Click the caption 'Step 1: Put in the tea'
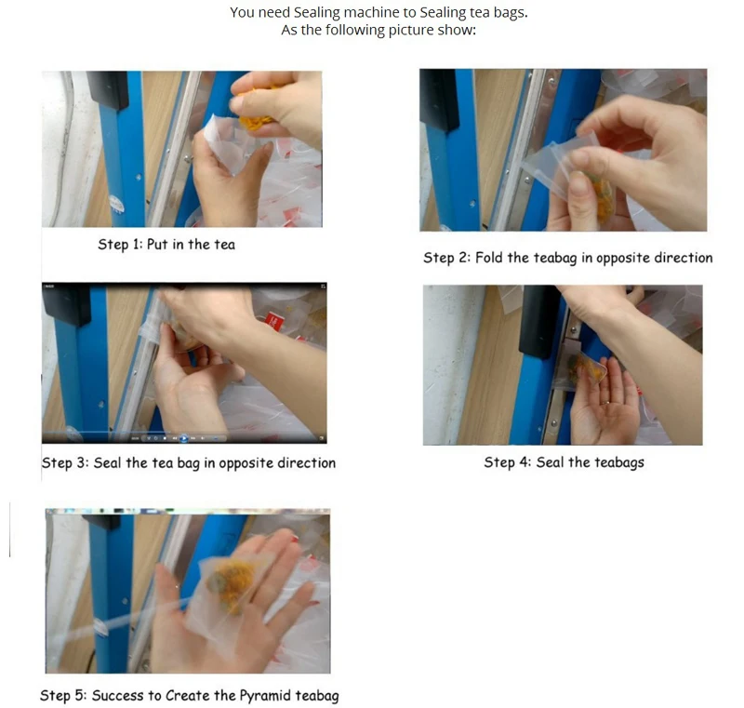[166, 245]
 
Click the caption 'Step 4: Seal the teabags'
[564, 462]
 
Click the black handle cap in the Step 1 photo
[107, 89]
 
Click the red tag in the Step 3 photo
[273, 324]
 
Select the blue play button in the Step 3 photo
[183, 438]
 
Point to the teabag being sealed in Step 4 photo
[581, 370]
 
